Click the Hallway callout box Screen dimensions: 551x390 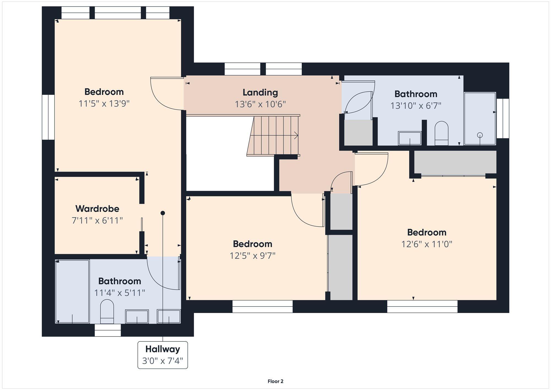(x=163, y=355)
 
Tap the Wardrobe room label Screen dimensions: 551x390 (x=97, y=209)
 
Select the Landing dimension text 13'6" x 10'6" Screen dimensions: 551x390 (x=260, y=104)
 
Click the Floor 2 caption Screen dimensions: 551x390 (x=275, y=381)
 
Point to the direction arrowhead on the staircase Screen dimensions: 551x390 (x=296, y=135)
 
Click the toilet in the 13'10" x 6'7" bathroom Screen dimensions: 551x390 (x=441, y=133)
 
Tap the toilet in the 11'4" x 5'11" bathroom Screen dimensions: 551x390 (x=107, y=312)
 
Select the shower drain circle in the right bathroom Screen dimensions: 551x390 (x=480, y=135)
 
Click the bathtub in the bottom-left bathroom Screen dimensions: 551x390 (x=72, y=291)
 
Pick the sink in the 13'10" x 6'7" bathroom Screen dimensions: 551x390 (x=410, y=138)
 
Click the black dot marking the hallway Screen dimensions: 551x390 (x=163, y=213)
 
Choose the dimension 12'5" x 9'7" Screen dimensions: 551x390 (x=253, y=256)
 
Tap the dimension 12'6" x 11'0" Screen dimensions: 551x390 (x=427, y=244)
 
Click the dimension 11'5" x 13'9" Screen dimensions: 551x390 (x=104, y=103)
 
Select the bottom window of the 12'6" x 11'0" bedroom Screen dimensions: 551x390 (x=422, y=306)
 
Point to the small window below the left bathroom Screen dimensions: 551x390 (x=108, y=330)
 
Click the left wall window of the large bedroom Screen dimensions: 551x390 (x=48, y=117)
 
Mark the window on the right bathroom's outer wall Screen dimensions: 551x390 (x=503, y=118)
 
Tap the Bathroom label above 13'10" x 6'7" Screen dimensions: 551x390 (x=416, y=94)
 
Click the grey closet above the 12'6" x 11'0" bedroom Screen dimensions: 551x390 (x=455, y=162)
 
